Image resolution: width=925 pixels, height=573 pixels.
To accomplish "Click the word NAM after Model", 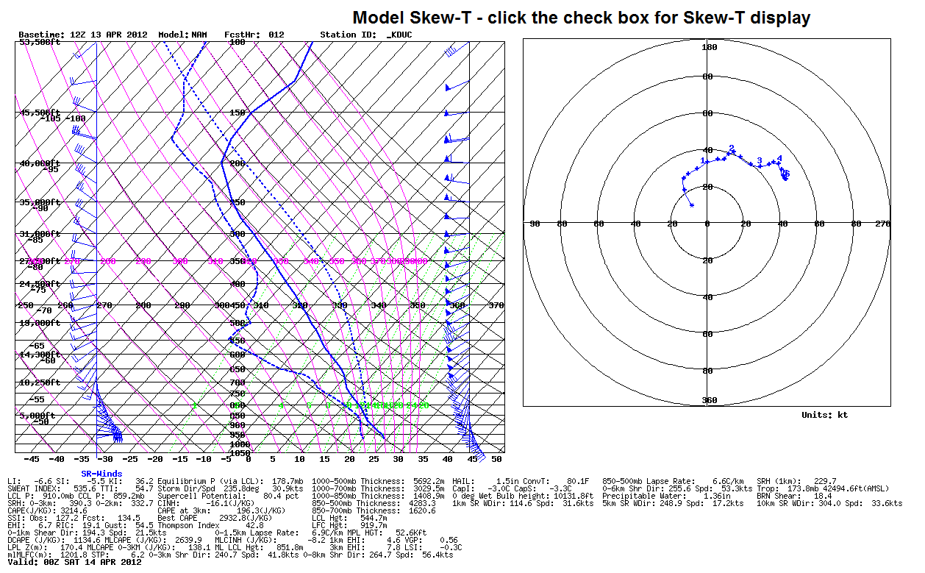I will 199,35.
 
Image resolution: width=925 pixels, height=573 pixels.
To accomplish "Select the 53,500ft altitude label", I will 40,42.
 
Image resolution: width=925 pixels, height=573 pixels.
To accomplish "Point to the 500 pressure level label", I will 237,323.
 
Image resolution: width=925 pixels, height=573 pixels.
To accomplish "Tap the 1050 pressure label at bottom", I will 240,453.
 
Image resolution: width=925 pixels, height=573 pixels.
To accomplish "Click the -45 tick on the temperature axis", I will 32,459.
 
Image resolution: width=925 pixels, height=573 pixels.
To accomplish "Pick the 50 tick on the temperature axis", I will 496,459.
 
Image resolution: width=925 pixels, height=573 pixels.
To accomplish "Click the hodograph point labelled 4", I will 779,159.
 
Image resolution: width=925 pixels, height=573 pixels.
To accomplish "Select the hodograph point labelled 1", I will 703,161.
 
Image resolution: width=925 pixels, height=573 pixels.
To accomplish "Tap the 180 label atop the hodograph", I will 709,48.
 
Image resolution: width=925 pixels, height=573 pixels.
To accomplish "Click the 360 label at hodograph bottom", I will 709,399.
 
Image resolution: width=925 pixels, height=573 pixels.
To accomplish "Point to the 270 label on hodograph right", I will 882,224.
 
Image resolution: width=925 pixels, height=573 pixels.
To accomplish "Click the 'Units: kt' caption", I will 824,415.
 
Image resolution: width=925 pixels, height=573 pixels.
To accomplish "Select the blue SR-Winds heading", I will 101,474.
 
